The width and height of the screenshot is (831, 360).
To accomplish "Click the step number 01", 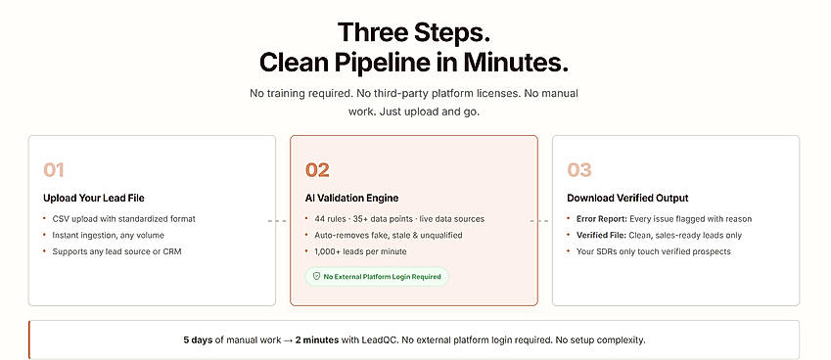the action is (54, 170).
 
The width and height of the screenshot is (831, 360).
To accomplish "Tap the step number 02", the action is (317, 170).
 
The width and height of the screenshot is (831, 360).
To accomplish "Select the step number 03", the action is (579, 170).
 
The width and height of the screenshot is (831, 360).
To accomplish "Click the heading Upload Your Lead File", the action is (94, 199).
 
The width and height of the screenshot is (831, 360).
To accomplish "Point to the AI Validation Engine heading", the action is (352, 199).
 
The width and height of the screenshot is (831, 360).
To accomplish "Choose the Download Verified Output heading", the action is (627, 199).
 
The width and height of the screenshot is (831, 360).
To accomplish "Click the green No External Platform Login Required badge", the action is (377, 276).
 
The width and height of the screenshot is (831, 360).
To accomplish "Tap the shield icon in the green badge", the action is (316, 276).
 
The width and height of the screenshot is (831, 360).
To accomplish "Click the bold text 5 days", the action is (199, 339).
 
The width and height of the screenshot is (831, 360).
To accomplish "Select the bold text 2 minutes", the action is (317, 339).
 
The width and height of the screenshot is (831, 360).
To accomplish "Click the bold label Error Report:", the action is (602, 219).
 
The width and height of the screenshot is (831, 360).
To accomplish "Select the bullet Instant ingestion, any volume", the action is (108, 235).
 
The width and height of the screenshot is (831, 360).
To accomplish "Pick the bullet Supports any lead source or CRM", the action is (116, 251).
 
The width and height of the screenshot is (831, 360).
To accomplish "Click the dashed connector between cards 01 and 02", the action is (277, 221).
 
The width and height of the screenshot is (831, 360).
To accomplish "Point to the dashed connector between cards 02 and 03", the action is (539, 221).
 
